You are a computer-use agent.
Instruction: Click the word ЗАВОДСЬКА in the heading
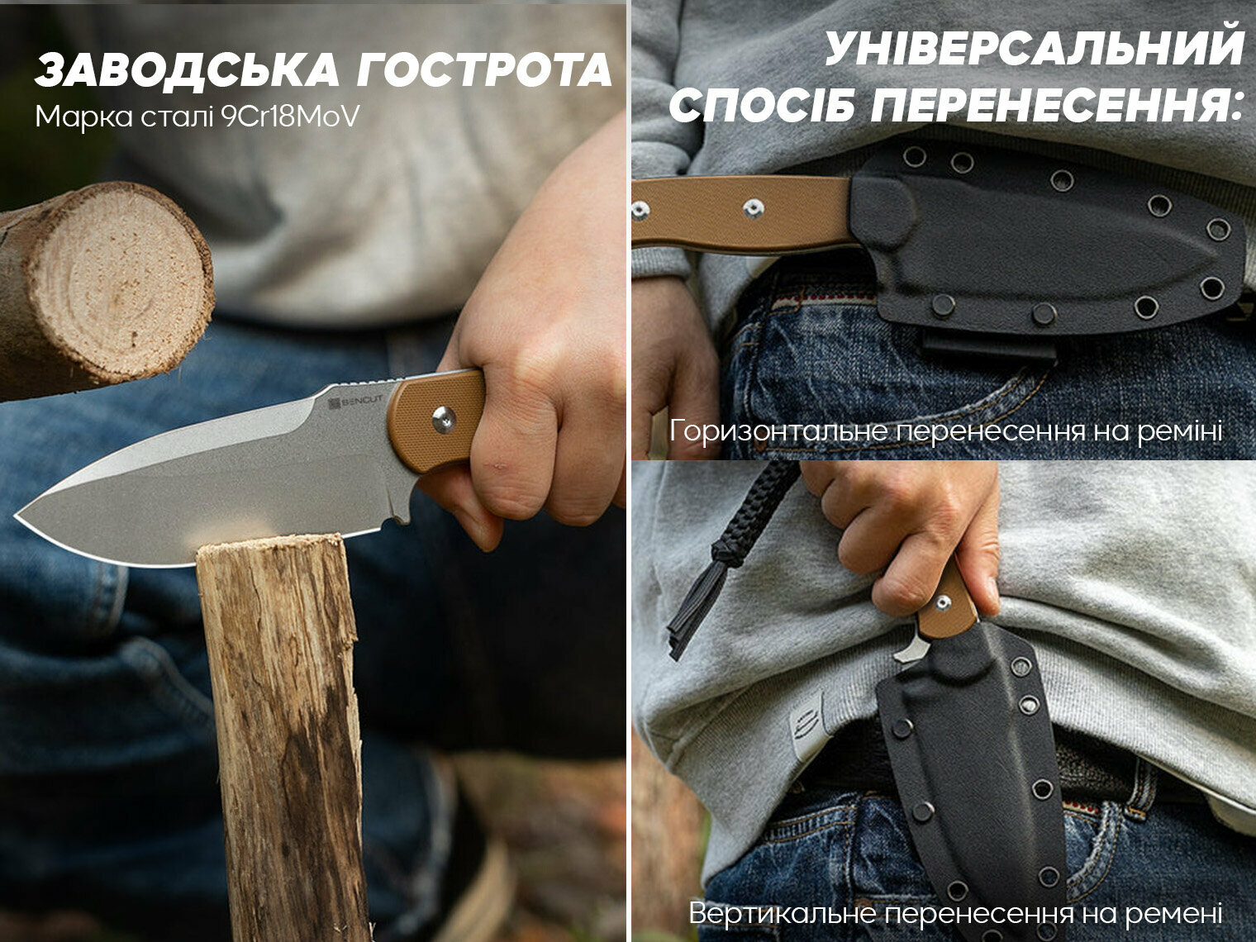point(188,70)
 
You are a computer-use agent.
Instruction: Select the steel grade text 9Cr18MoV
point(291,117)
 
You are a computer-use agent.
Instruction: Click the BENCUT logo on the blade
point(355,402)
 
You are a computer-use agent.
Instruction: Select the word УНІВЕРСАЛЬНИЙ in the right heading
point(1034,50)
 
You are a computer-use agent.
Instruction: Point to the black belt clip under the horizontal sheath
point(989,346)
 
